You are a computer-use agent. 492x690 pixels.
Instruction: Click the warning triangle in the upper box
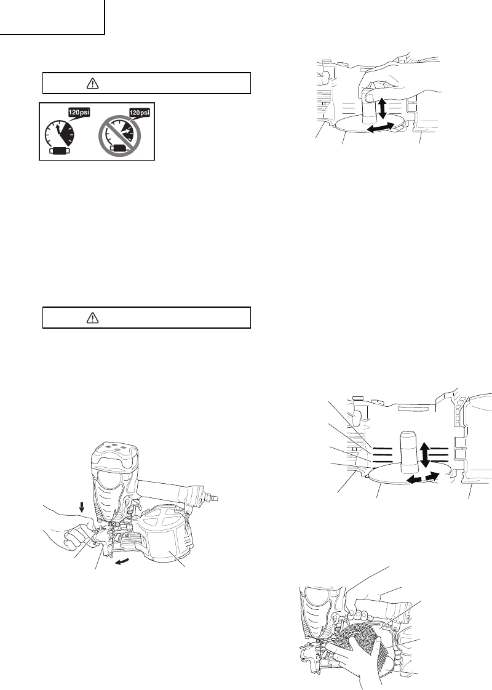click(x=92, y=83)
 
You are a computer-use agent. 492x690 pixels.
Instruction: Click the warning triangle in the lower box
click(x=92, y=318)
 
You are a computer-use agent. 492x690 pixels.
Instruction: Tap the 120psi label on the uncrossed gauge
click(x=79, y=112)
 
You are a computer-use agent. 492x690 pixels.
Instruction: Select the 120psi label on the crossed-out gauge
click(x=140, y=112)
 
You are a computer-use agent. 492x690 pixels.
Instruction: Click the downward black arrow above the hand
click(x=81, y=508)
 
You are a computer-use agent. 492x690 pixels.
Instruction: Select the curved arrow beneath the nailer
click(x=123, y=561)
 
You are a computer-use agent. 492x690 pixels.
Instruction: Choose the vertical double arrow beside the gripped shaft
click(x=382, y=108)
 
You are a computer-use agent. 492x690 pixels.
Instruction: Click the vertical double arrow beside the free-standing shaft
click(x=425, y=455)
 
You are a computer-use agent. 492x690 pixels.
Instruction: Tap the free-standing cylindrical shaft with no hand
click(x=408, y=450)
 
